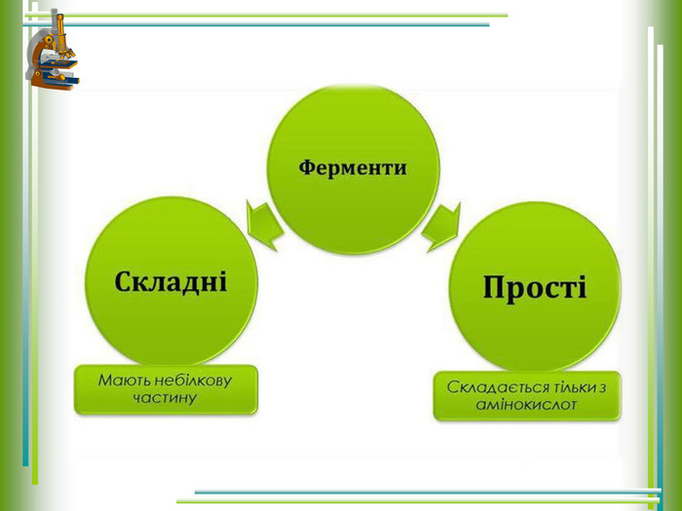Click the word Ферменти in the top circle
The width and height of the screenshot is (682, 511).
[353, 168]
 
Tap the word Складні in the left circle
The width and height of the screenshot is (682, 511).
[170, 281]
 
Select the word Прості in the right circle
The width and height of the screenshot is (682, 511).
[535, 287]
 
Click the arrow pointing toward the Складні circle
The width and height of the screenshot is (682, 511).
[264, 225]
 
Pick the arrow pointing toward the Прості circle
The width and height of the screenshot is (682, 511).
[440, 227]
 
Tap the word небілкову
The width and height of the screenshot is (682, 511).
[194, 381]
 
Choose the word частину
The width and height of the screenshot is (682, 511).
[165, 398]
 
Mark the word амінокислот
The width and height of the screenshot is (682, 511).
[526, 405]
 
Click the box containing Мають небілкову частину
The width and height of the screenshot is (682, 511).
[167, 389]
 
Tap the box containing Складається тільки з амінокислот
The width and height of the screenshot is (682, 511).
[527, 396]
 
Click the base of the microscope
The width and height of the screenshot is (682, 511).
[55, 83]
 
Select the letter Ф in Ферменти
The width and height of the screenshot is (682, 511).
[308, 167]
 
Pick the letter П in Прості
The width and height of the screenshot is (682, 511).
[494, 287]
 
